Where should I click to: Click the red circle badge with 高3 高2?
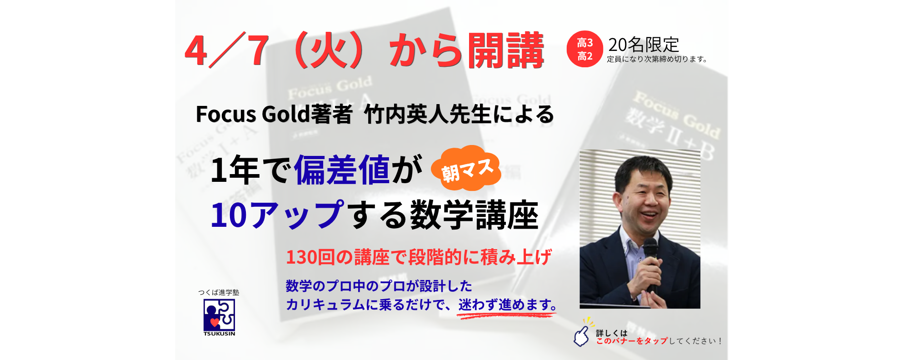click(585, 49)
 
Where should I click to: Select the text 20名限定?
click(644, 45)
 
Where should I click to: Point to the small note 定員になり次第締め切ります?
click(657, 59)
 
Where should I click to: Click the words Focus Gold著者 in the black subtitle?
click(274, 114)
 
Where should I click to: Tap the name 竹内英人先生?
click(427, 114)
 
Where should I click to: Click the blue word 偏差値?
click(342, 170)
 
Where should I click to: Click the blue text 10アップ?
click(278, 215)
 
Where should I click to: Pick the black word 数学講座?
click(474, 215)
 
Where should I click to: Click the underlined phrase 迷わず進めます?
click(508, 305)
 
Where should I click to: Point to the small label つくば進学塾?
click(219, 292)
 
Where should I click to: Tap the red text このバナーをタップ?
click(632, 341)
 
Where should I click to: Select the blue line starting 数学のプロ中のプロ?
click(379, 286)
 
